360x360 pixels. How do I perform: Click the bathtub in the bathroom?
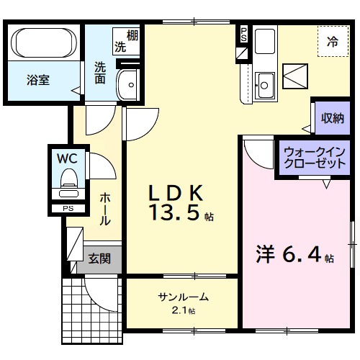pos(45,44)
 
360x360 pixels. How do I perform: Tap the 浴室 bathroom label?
pos(38,80)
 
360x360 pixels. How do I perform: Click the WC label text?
pos(68,156)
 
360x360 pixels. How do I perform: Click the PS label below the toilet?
pos(68,209)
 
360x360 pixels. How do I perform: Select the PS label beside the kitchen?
pos(243,35)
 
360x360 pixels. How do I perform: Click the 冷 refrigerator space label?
pos(333,42)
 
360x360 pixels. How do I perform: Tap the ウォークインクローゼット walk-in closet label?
pos(314,158)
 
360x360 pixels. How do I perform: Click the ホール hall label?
pos(105,209)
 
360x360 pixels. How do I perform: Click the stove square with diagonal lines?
pos(295,74)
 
